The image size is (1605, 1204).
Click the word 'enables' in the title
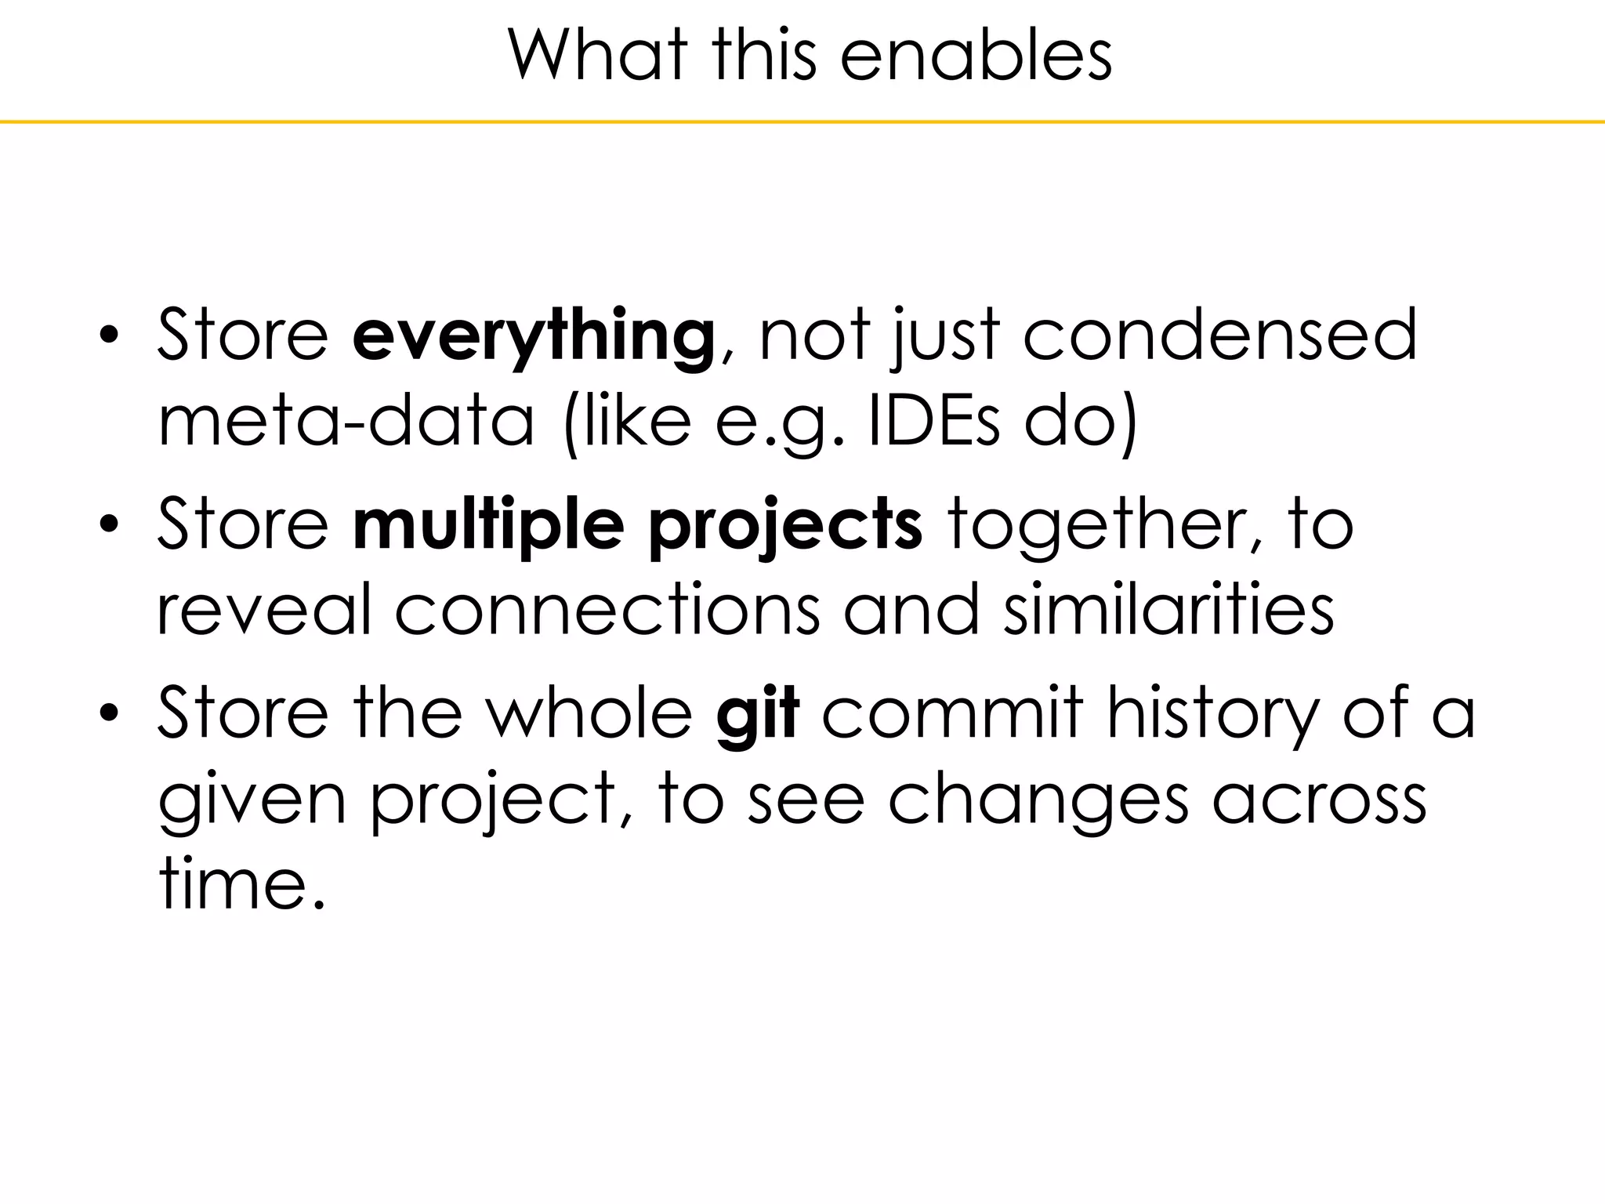pyautogui.click(x=976, y=56)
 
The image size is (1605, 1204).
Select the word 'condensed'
pyautogui.click(x=1220, y=335)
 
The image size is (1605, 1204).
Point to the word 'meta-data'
pyautogui.click(x=346, y=422)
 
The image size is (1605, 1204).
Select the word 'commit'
pyautogui.click(x=951, y=712)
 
